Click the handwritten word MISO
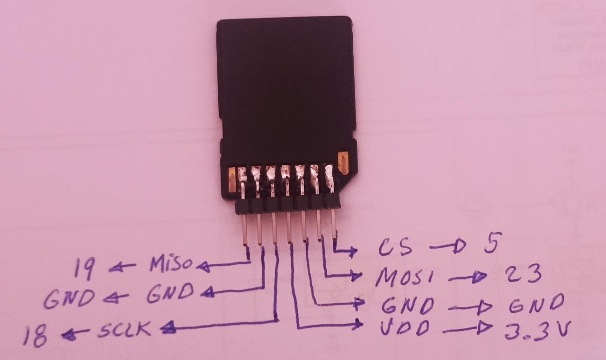[x=171, y=264]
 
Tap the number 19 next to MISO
[x=85, y=268]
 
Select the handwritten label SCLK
[x=125, y=329]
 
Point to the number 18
[x=35, y=336]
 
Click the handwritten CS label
[x=395, y=247]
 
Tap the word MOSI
[x=404, y=277]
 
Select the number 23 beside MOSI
[x=524, y=273]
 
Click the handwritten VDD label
[x=405, y=328]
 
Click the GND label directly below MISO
[x=170, y=293]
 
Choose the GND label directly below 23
[x=537, y=303]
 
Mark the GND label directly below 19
[x=69, y=299]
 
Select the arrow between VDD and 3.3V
[x=467, y=328]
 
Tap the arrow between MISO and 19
[x=122, y=267]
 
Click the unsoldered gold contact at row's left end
[x=232, y=180]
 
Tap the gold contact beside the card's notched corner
[x=343, y=163]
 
